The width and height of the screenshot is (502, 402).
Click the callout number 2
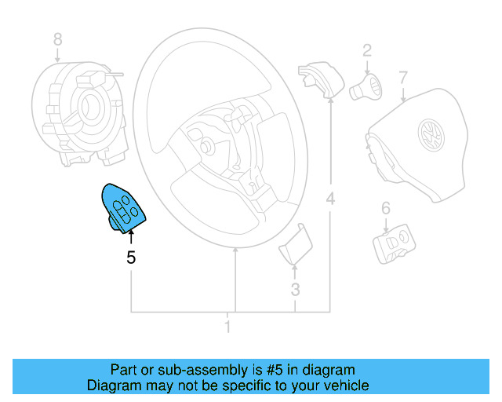(x=366, y=52)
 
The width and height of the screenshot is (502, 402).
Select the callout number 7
(x=402, y=78)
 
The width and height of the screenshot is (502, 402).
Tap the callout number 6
(x=385, y=208)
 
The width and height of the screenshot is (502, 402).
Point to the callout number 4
(x=330, y=199)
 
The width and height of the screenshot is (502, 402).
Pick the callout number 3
(x=295, y=289)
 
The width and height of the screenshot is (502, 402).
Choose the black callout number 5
(x=131, y=257)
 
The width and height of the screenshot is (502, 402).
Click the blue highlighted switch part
(x=123, y=207)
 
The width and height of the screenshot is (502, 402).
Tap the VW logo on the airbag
(x=430, y=135)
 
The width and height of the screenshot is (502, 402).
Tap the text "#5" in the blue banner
(x=275, y=370)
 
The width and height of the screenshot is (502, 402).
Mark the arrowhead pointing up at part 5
(x=131, y=228)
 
